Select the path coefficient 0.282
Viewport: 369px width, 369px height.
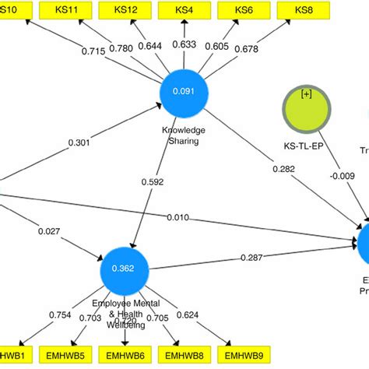click(285, 168)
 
